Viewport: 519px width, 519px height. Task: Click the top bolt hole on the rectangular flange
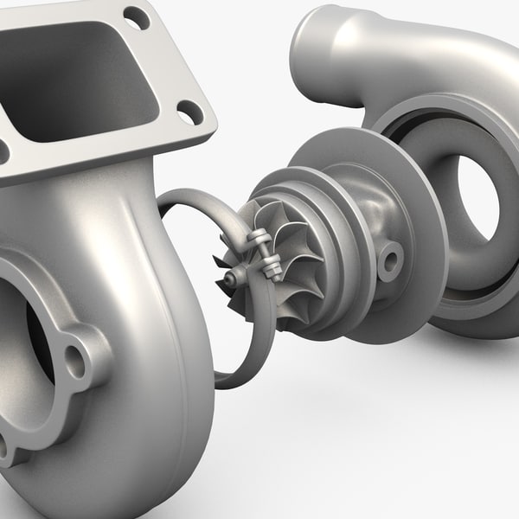pyautogui.click(x=137, y=17)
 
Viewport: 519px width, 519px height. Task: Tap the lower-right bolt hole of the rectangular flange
pyautogui.click(x=190, y=111)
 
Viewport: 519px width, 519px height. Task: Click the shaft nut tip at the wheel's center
pyautogui.click(x=231, y=278)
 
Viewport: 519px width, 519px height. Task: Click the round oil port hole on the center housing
pyautogui.click(x=390, y=255)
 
